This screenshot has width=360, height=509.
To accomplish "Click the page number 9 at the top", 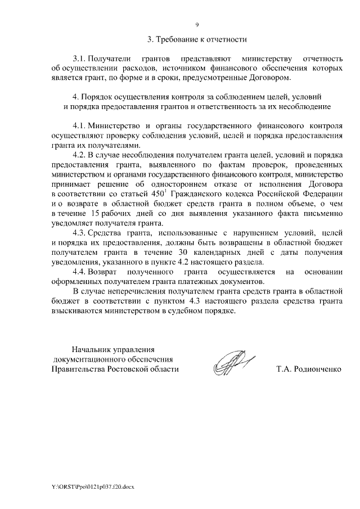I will (x=197, y=25).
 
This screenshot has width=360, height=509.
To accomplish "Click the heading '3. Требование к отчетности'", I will (x=197, y=39).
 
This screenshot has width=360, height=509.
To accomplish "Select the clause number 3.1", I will (x=82, y=58).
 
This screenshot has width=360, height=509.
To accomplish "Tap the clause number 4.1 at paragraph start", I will (x=82, y=126).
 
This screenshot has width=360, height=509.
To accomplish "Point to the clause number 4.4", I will (x=82, y=272).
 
